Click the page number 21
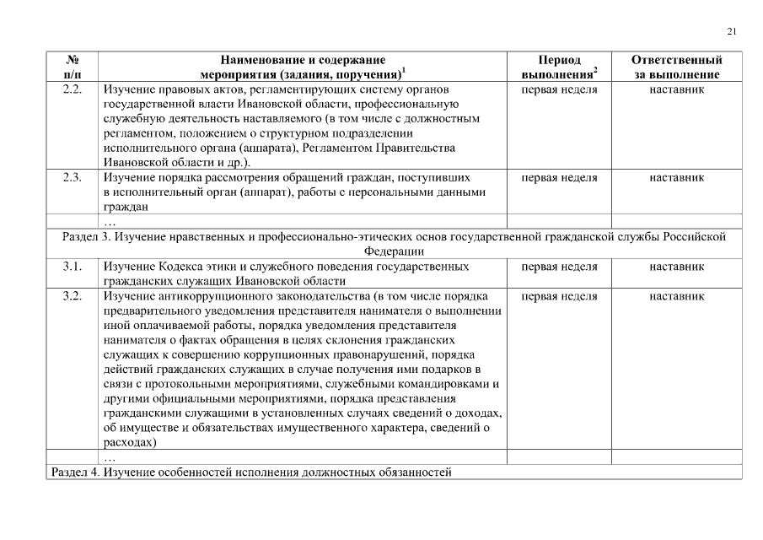732,32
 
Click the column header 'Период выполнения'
559,67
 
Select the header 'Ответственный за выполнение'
676,67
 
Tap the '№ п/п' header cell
72,67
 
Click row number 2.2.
72,89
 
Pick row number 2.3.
72,178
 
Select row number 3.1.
72,267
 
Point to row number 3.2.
72,297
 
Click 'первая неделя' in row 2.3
559,178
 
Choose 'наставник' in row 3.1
676,267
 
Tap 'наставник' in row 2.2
676,89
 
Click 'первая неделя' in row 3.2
559,297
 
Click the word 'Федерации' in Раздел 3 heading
394,251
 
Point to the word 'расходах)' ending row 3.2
131,441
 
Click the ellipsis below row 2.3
110,223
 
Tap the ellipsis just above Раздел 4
110,457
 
